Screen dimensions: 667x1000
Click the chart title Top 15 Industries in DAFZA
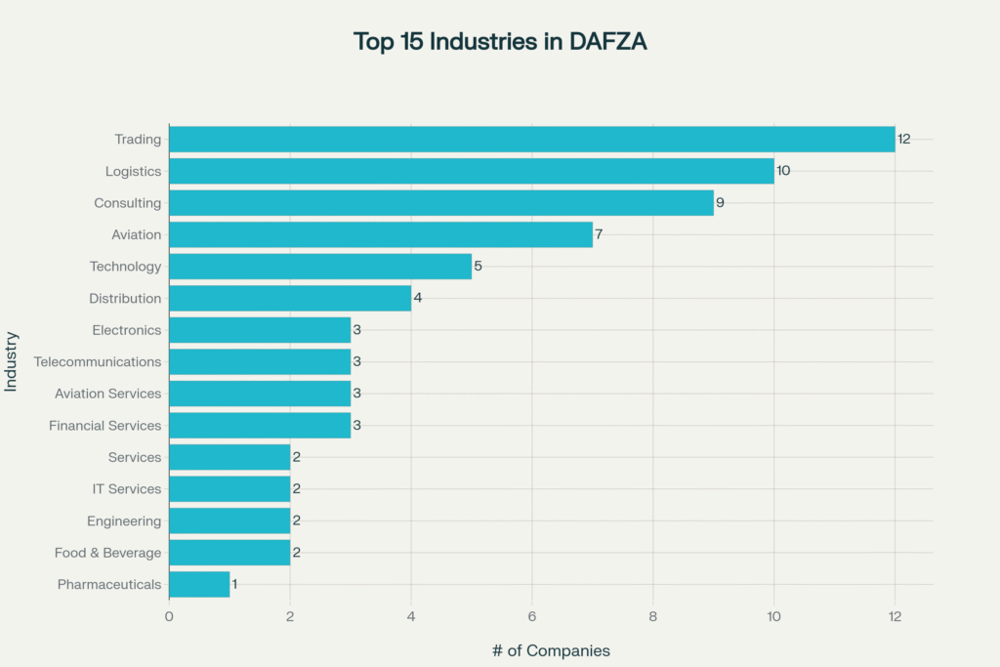[x=499, y=42]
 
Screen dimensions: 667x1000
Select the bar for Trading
[x=531, y=139]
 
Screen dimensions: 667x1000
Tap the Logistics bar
[x=471, y=171]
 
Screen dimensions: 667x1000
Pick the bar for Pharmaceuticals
[x=199, y=584]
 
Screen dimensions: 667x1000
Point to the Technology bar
[x=320, y=267]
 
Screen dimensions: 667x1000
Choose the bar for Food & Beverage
[x=229, y=553]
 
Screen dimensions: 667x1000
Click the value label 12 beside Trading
[x=904, y=139]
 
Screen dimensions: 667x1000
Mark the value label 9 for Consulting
[x=720, y=203]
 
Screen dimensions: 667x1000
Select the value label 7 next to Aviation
[x=599, y=234]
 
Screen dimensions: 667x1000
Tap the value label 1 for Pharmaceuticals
[x=235, y=584]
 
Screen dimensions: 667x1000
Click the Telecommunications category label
[x=98, y=361]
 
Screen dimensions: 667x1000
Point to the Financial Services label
[x=105, y=426]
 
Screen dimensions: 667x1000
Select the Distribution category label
[x=125, y=298]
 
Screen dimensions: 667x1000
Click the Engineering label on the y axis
[x=124, y=521]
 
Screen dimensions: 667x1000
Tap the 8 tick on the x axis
[x=652, y=616]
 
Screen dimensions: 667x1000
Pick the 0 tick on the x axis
[x=169, y=616]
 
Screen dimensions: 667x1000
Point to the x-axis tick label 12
[x=895, y=616]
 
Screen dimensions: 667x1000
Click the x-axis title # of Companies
[x=551, y=650]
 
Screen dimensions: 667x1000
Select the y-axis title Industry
[x=12, y=361]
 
